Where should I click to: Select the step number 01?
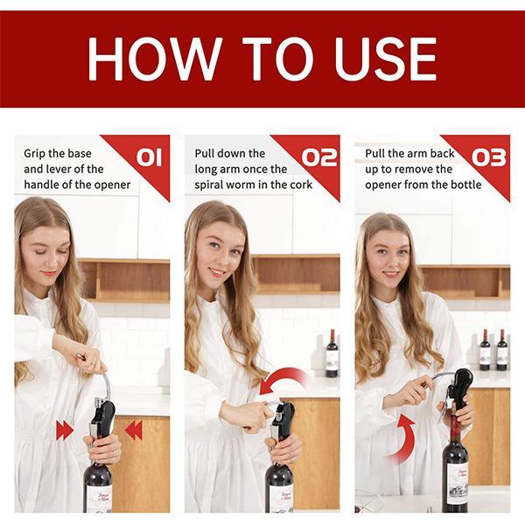(x=150, y=157)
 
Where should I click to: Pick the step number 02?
(x=319, y=157)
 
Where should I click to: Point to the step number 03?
(x=489, y=157)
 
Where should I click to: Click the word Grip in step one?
(x=35, y=154)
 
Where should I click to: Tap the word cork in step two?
(x=301, y=185)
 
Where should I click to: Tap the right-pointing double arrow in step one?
(x=64, y=430)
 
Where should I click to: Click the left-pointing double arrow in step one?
(x=134, y=430)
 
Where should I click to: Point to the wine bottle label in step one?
(x=99, y=498)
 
